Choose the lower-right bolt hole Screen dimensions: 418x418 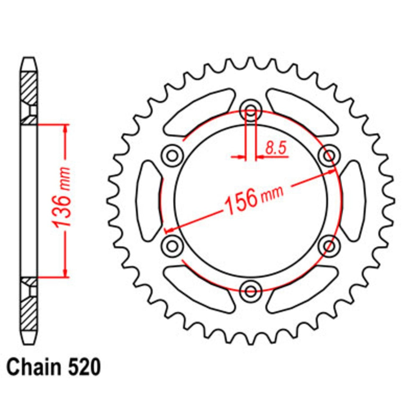pyautogui.click(x=329, y=244)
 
